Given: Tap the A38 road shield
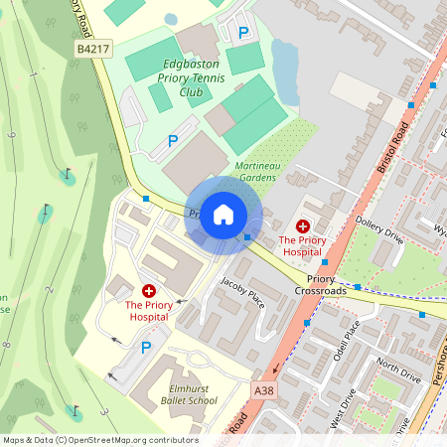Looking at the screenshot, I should coord(263,391).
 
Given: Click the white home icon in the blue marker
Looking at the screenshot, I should coord(223,215).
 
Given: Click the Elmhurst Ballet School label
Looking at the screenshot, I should coord(188,394).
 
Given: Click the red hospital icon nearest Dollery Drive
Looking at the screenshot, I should coord(302,226).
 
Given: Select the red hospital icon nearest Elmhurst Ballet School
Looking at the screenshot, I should coord(149,291).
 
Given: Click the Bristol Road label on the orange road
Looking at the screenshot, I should coord(393,149).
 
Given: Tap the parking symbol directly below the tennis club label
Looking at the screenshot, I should coord(172,142).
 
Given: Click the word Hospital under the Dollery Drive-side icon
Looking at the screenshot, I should coord(302,253).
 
